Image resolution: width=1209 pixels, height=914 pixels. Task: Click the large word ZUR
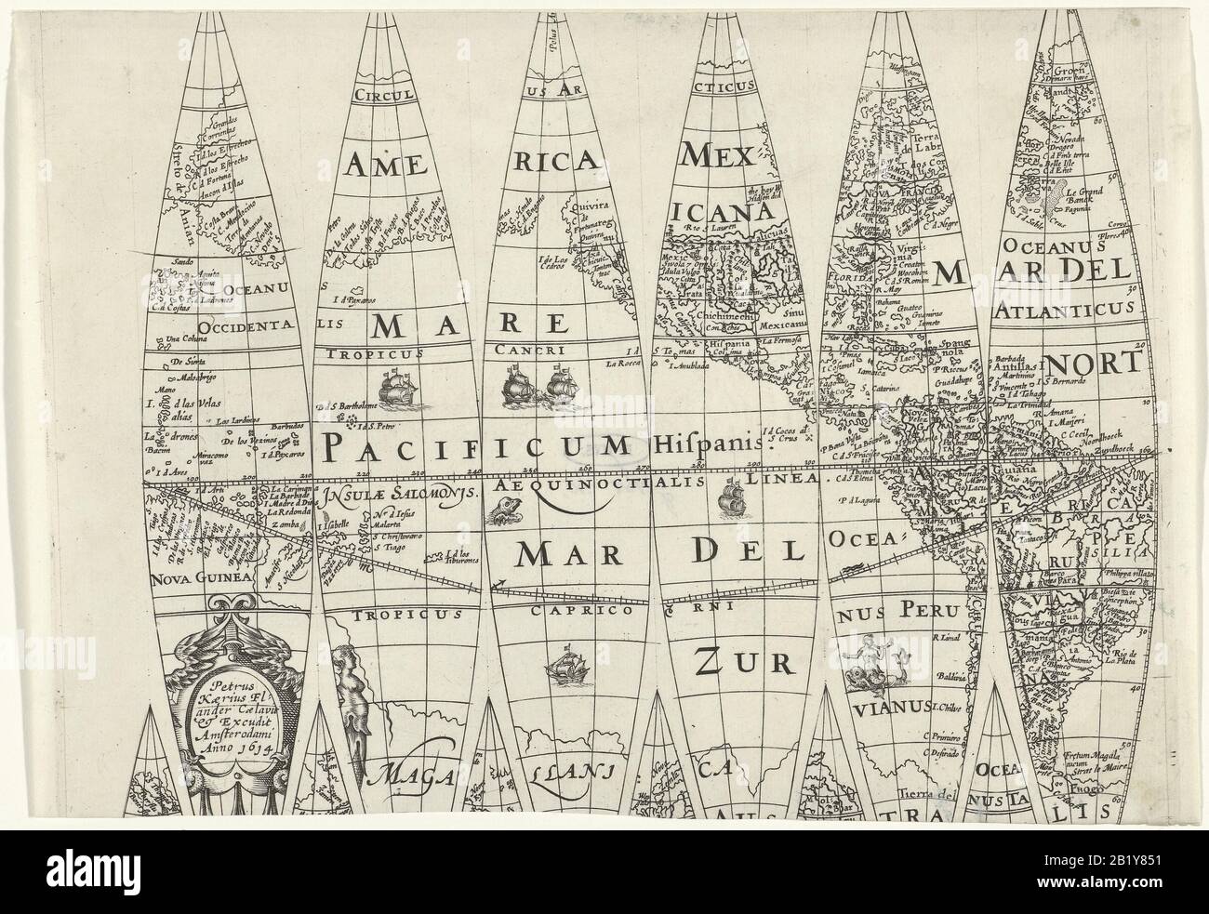(740, 661)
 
